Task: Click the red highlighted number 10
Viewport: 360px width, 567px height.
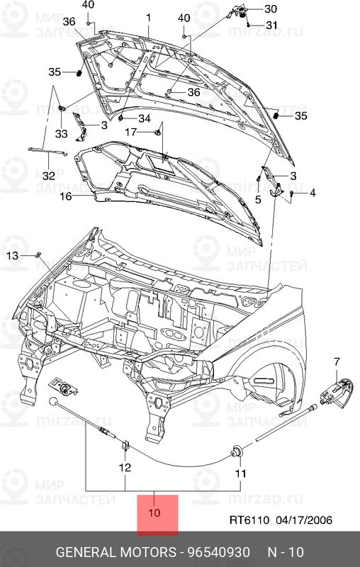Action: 154,513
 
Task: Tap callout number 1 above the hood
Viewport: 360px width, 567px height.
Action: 149,17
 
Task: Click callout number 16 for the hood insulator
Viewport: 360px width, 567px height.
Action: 65,196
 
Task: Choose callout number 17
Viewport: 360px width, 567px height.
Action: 132,133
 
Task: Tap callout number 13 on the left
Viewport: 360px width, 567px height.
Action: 13,255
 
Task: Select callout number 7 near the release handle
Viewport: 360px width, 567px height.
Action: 337,362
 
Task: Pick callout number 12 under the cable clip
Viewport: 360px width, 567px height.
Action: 125,468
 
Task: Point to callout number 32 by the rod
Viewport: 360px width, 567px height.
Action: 47,176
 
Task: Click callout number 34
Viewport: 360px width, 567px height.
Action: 144,118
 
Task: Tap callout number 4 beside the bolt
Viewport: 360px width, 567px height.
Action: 312,192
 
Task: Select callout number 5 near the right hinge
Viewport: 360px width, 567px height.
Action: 259,201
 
